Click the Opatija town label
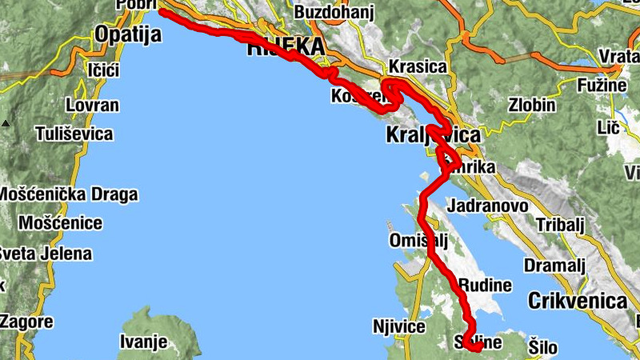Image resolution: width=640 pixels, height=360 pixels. pos(127,34)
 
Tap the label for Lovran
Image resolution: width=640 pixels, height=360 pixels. pos(92,106)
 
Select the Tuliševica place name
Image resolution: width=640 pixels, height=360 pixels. pos(74,134)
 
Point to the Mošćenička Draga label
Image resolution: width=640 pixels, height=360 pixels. pos(68,194)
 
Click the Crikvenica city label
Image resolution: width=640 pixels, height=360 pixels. pos(576,302)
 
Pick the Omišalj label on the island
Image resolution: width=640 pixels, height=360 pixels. pos(417,241)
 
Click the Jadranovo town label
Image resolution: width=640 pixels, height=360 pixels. pos(488,206)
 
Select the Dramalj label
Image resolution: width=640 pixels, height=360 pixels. pos(554,266)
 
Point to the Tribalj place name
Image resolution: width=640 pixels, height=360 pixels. pos(562,225)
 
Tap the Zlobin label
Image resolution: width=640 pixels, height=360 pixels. pos(532,106)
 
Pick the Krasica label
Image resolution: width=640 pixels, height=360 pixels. pos(416,67)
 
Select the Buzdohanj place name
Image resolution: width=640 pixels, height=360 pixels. pos(334,13)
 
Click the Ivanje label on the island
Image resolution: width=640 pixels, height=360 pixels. pos(143,342)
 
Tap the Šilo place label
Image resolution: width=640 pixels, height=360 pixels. pos(543,348)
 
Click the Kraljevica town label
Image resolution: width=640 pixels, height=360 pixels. pos(432,134)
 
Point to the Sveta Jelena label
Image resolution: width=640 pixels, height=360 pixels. pos(45,254)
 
